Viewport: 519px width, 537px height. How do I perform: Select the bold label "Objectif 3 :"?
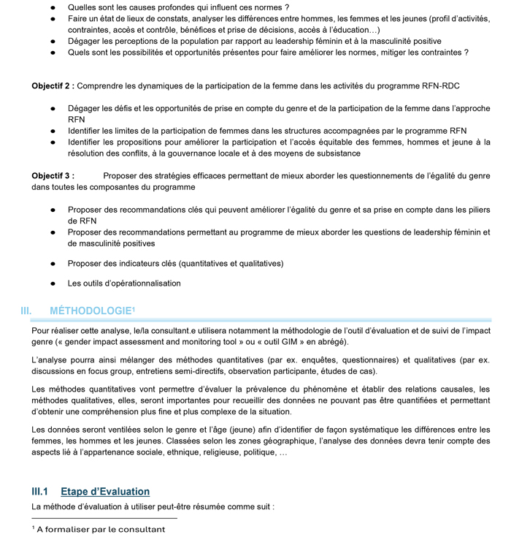pyautogui.click(x=53, y=176)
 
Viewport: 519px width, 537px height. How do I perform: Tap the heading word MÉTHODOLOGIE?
pyautogui.click(x=90, y=311)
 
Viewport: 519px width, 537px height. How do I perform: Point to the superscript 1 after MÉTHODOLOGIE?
pyautogui.click(x=133, y=308)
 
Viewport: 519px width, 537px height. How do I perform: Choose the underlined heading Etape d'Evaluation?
pyautogui.click(x=105, y=492)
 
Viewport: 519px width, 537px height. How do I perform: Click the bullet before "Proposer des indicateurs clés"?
pyautogui.click(x=53, y=264)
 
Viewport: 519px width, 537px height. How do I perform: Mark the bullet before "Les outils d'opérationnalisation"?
pyautogui.click(x=53, y=283)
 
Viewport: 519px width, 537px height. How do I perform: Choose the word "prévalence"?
pyautogui.click(x=279, y=389)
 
